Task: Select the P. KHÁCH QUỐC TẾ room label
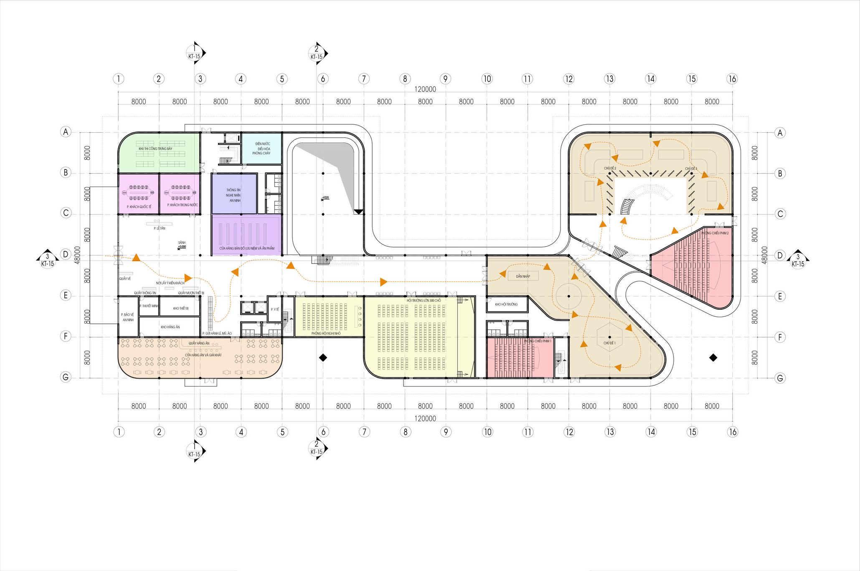[x=139, y=205]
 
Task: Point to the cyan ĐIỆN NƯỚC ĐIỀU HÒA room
[x=262, y=149]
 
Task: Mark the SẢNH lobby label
[x=181, y=243]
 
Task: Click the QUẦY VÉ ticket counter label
[x=125, y=278]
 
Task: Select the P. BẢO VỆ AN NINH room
[x=127, y=317]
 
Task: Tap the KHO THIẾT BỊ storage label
[x=180, y=308]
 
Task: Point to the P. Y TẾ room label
[x=274, y=309]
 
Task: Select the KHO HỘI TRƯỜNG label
[x=506, y=304]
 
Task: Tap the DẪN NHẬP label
[x=523, y=276]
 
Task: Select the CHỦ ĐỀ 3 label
[x=690, y=168]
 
